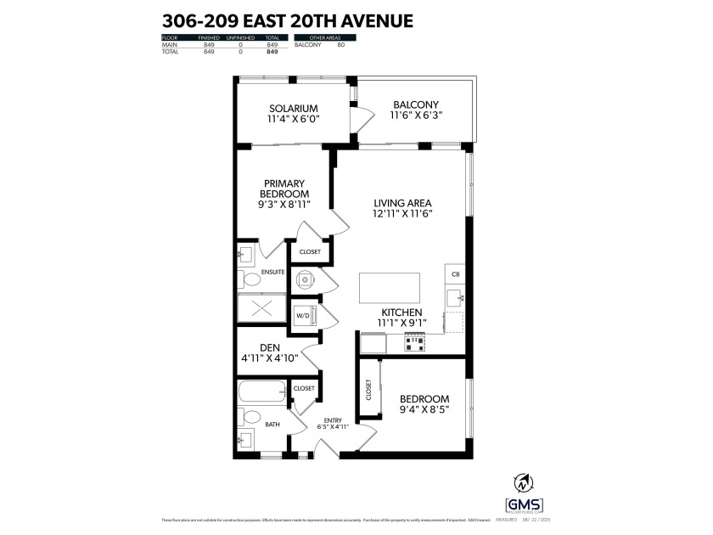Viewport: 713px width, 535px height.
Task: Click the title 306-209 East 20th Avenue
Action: point(287,20)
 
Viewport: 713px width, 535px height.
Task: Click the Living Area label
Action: point(403,203)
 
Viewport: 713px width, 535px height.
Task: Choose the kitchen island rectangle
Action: point(390,287)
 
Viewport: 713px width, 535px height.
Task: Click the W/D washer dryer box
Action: point(303,316)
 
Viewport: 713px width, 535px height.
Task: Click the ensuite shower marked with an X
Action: point(261,309)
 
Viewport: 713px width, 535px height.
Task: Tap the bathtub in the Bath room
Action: point(262,393)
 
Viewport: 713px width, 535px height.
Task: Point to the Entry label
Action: point(333,420)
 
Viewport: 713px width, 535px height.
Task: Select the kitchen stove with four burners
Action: point(414,342)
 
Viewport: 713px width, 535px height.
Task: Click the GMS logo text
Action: point(524,504)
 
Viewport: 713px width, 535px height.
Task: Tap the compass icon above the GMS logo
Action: point(524,482)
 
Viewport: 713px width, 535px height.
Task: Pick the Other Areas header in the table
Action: point(324,37)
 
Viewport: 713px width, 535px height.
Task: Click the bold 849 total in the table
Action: point(272,52)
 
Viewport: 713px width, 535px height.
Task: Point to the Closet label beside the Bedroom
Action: point(368,390)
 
